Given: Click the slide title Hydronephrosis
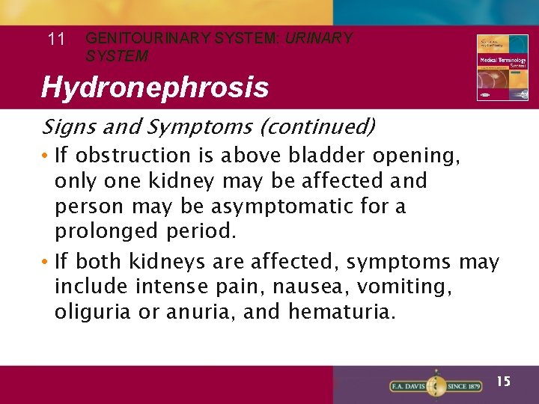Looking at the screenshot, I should [x=155, y=88].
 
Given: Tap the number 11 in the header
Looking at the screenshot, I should [x=56, y=40].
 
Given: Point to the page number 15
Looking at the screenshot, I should [x=504, y=382].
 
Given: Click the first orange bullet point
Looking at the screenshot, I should [x=46, y=156].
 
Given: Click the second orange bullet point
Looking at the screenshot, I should [x=46, y=262].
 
